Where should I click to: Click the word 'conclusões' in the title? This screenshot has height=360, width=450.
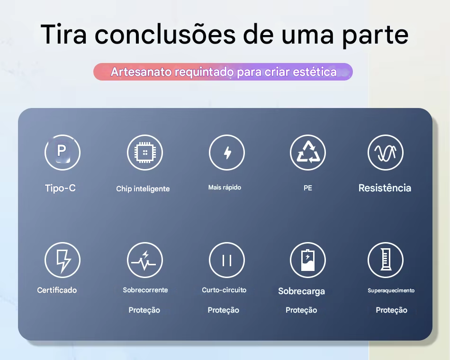pos(165,35)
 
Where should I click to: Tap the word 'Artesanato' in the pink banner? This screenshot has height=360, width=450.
pos(142,72)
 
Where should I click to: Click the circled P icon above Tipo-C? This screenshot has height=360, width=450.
pos(63,153)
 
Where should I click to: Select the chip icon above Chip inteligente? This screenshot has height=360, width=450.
pos(145,153)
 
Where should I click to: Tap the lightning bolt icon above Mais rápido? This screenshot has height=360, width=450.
pos(227,153)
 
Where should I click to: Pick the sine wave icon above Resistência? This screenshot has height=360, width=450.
pos(386,153)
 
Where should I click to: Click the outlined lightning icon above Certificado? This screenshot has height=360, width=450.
pos(63,260)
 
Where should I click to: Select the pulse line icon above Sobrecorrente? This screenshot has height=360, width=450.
pos(145,260)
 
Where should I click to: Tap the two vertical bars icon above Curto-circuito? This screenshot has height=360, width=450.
pos(227,260)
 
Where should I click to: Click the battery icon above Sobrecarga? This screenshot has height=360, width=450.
pos(308,260)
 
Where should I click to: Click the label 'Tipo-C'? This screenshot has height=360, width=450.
pos(60,188)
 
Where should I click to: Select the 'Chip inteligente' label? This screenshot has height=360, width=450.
pos(143,189)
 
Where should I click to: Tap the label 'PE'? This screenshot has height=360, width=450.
pos(307,188)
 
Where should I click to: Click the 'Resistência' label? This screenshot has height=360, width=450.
pos(385,188)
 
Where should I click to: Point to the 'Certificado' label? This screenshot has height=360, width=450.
pos(57,290)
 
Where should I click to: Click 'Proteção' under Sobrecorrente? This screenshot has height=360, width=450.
pos(144,310)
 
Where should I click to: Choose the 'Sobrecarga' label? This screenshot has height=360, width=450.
pos(302,291)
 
